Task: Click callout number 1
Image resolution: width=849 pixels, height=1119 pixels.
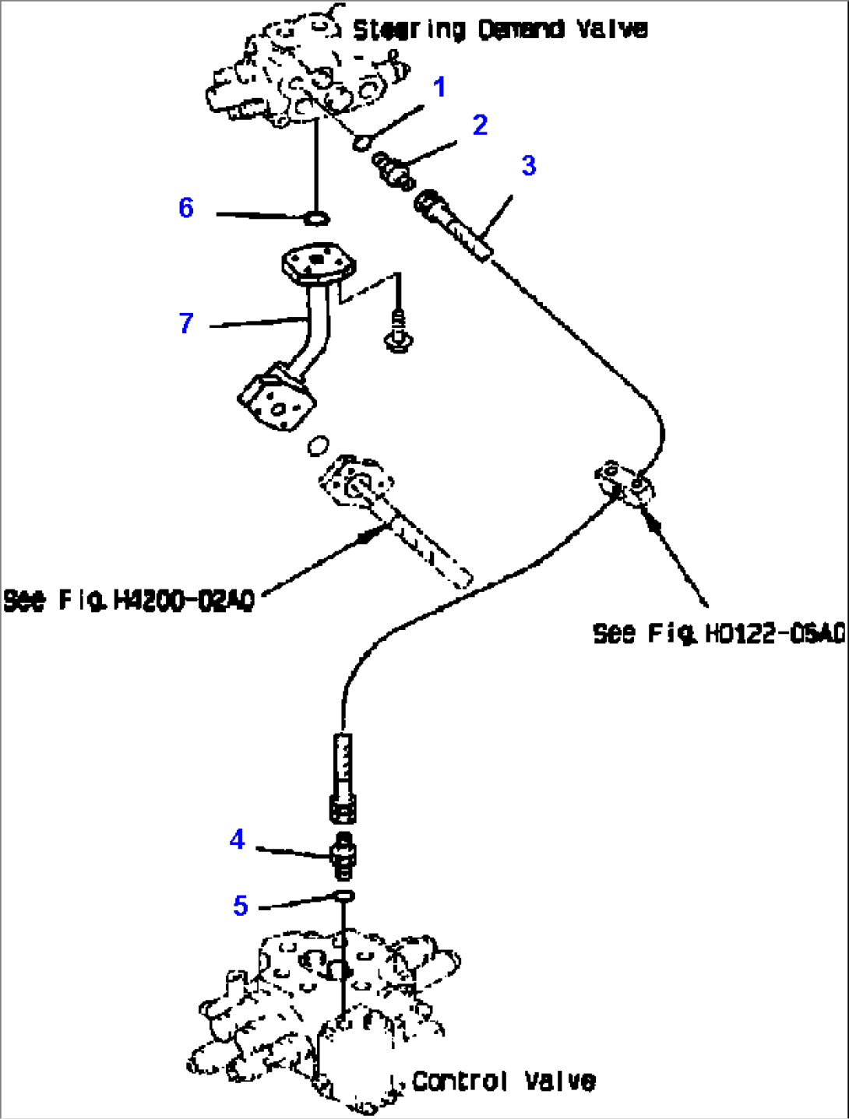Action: pos(440,87)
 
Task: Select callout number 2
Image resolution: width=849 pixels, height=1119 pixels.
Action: pos(480,125)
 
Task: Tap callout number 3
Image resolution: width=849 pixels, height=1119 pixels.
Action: pos(529,166)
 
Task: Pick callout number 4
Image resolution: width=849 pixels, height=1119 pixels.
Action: pos(238,839)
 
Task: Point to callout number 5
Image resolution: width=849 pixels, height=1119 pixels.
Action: pos(241,906)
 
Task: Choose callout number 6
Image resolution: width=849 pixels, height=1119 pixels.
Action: pos(185,208)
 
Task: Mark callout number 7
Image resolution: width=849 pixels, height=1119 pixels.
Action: pos(185,323)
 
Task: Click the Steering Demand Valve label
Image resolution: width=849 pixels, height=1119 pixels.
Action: pos(500,30)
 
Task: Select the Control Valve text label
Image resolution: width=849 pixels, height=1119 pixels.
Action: pos(503,1081)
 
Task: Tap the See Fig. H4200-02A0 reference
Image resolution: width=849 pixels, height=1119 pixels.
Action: pos(129,600)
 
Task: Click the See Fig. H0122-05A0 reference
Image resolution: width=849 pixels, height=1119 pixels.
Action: pos(718,633)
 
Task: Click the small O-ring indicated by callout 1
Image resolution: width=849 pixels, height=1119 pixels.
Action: pos(361,143)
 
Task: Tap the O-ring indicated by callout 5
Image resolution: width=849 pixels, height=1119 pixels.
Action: pos(344,896)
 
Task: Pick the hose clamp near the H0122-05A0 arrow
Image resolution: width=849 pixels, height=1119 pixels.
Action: pos(625,482)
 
